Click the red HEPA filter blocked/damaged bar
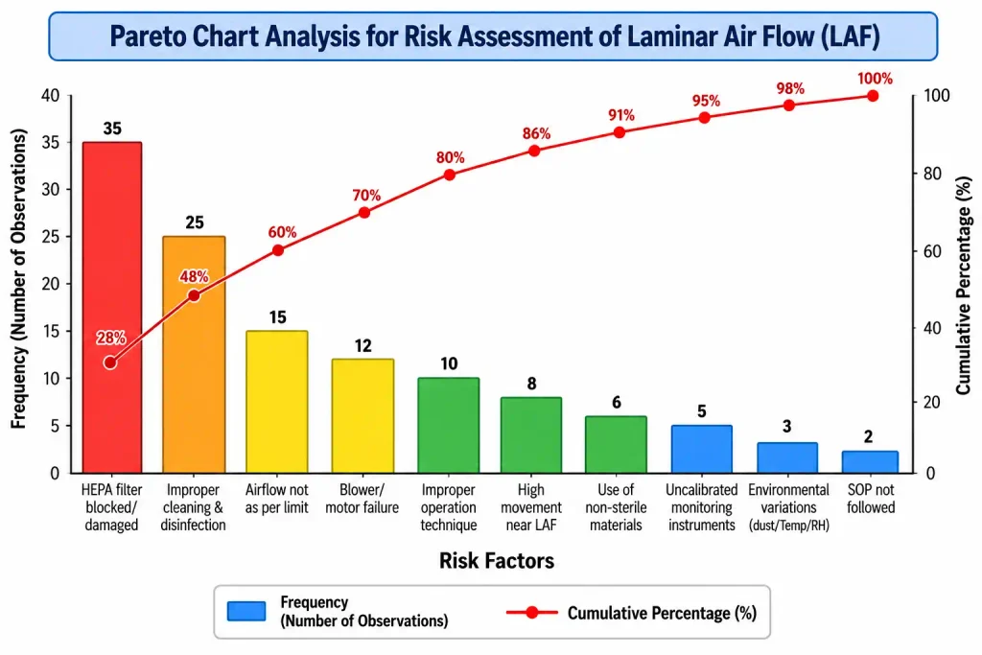tap(112, 308)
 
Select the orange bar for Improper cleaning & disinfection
tap(194, 355)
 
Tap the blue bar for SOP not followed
tap(870, 462)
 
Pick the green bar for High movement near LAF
tap(531, 435)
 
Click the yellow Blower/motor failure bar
tap(362, 416)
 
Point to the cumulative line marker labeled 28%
tap(110, 363)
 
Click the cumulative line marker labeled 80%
tap(450, 175)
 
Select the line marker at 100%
tap(873, 96)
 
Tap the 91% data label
tap(621, 115)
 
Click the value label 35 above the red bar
tap(112, 129)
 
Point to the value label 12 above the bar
tap(362, 345)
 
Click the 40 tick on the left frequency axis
tap(51, 96)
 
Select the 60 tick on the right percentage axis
tap(932, 251)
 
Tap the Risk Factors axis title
tap(497, 560)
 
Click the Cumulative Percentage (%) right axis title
tap(963, 286)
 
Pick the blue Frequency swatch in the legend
tap(246, 611)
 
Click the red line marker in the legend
tap(531, 613)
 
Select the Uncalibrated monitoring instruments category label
tap(701, 507)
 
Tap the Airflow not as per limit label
tap(277, 499)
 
